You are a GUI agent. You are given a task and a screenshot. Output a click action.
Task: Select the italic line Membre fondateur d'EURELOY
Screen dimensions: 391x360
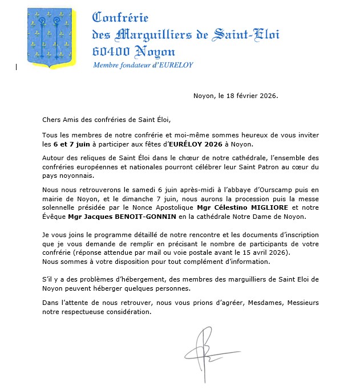(143, 65)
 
